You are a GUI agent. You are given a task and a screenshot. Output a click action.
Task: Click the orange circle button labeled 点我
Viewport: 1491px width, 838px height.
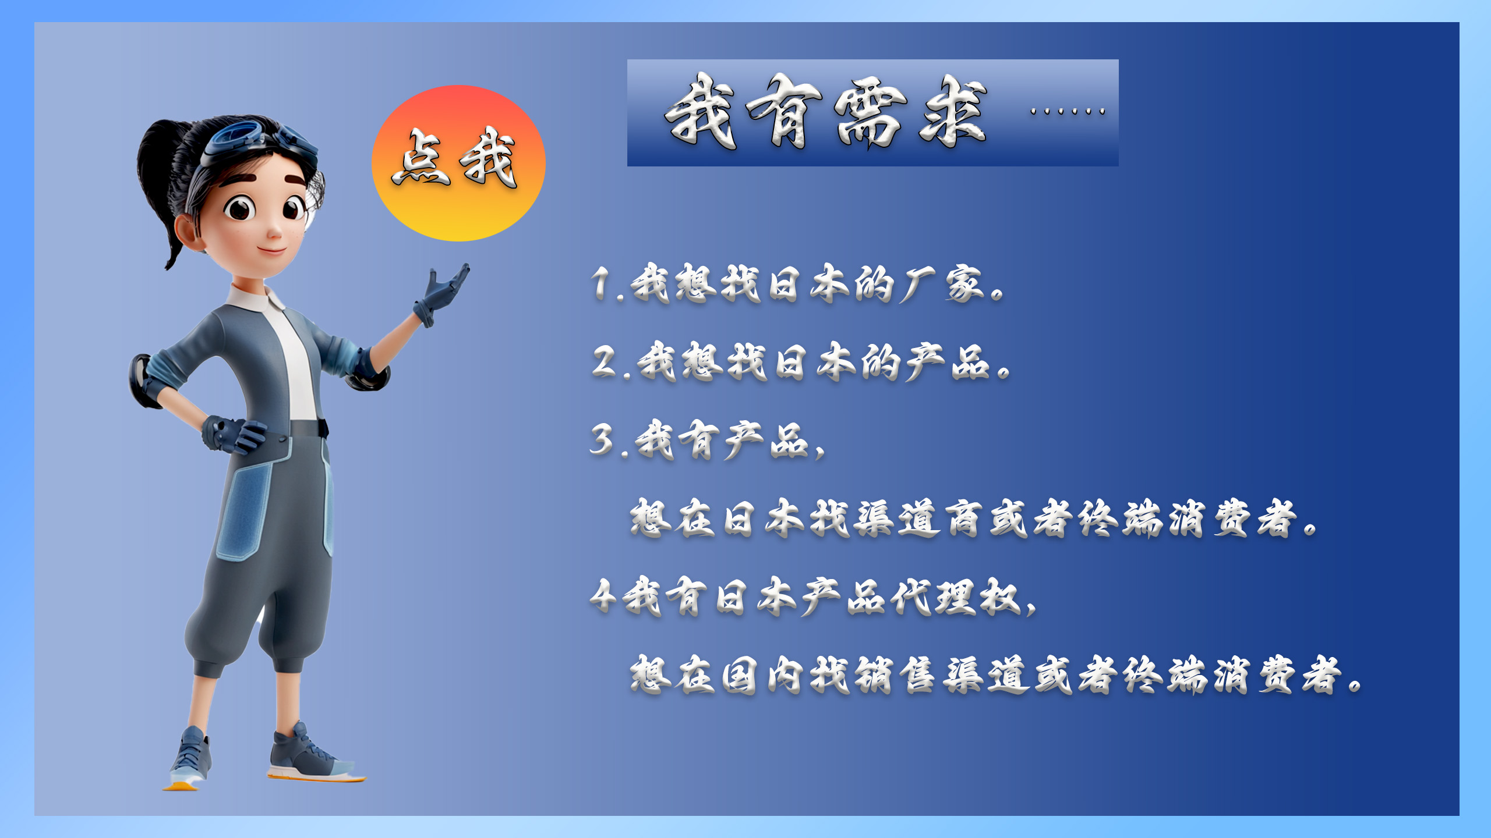(458, 163)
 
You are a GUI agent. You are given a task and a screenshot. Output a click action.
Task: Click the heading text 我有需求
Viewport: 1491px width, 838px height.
(826, 112)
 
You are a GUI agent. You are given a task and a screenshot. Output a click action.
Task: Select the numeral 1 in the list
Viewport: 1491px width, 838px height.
(601, 284)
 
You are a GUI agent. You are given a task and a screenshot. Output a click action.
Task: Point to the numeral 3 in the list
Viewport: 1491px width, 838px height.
(603, 439)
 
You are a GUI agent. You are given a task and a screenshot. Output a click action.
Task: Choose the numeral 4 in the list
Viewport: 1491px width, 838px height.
(603, 596)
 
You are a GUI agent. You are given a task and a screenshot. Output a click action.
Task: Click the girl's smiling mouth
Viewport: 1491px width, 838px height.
(272, 251)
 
